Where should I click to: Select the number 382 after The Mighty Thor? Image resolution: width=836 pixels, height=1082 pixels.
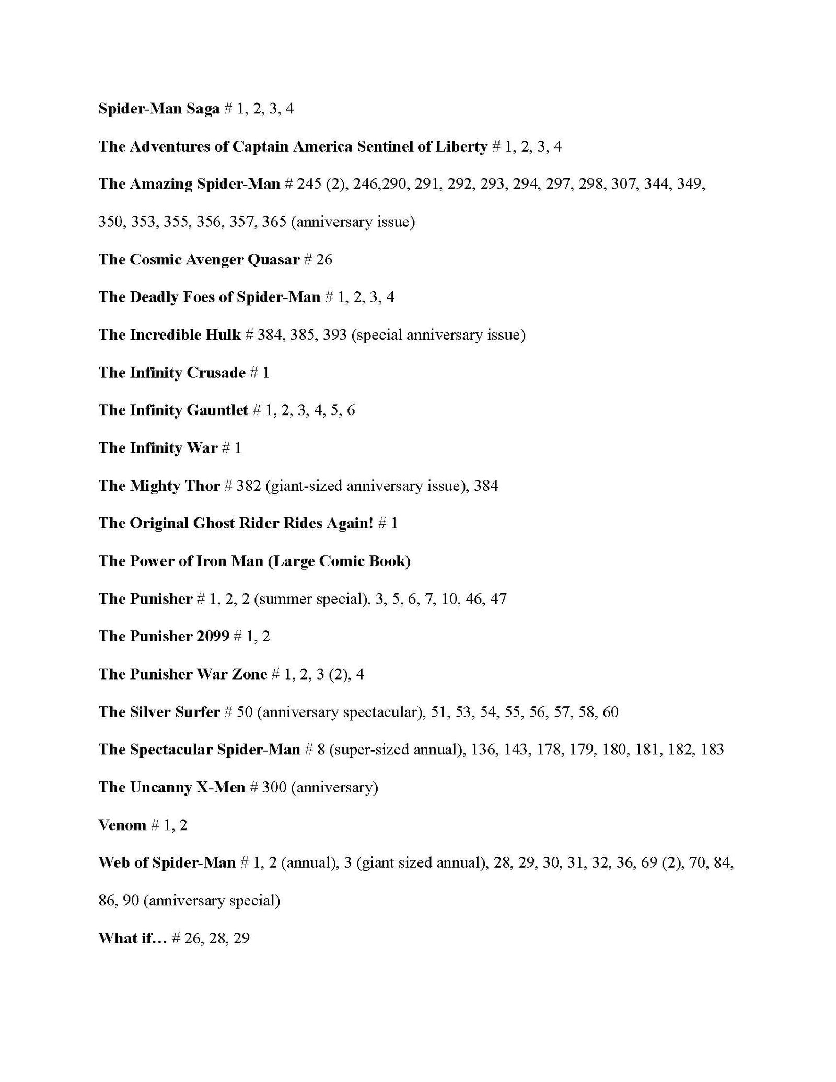[248, 486]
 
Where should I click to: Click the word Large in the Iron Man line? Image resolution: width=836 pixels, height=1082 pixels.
[291, 561]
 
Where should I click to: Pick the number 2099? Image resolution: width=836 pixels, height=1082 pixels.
[213, 636]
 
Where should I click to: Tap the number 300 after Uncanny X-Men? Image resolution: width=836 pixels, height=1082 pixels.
[274, 787]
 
